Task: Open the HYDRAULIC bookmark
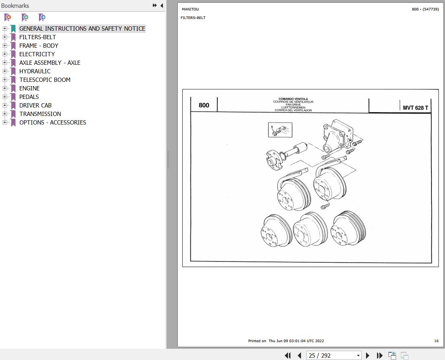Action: pos(35,71)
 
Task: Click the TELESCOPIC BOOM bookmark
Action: pos(45,80)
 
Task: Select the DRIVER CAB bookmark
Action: pos(35,105)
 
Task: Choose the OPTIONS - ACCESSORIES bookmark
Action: pos(53,122)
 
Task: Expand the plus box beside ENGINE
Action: pos(5,88)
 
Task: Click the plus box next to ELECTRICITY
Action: pos(5,54)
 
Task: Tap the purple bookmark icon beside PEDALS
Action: pos(13,97)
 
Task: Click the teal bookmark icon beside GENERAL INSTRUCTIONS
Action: pos(13,29)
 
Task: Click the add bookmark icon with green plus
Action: pos(25,17)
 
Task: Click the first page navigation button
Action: pos(288,355)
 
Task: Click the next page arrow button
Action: pos(368,355)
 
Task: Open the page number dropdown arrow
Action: pos(358,355)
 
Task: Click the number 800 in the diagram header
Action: pos(204,105)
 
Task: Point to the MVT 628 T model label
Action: pos(416,108)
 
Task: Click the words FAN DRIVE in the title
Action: pos(293,105)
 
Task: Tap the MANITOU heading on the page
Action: pos(190,9)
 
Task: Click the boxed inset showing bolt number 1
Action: pos(280,130)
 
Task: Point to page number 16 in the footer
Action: pos(436,341)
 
